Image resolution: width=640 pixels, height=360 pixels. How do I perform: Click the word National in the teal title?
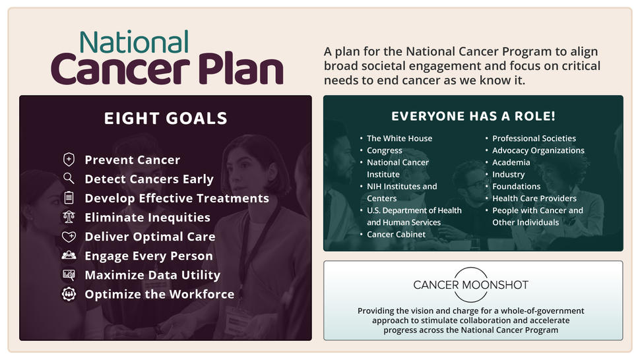[x=135, y=42]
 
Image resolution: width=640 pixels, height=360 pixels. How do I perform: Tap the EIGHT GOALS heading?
[x=166, y=118]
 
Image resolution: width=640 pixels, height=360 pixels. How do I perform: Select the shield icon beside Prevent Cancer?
[x=69, y=160]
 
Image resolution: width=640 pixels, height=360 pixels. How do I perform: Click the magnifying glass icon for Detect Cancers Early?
[x=69, y=178]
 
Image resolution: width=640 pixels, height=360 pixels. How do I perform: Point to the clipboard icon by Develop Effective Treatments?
[x=69, y=198]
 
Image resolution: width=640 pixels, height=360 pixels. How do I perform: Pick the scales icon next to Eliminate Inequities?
[x=69, y=217]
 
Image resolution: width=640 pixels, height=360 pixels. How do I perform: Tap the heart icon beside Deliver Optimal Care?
[x=69, y=237]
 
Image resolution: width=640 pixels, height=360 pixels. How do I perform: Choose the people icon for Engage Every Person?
[x=69, y=255]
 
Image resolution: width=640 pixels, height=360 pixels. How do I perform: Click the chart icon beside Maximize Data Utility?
[x=69, y=275]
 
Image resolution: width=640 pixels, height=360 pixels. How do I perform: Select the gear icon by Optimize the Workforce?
[x=69, y=294]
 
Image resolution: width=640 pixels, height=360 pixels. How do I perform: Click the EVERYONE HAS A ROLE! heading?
[x=474, y=116]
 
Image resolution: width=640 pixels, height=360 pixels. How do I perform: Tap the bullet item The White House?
[x=399, y=138]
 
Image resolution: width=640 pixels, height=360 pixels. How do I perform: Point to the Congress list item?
[x=384, y=150]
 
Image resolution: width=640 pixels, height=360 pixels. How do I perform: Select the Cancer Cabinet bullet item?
[x=396, y=235]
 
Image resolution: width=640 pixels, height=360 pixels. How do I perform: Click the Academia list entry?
[x=511, y=162]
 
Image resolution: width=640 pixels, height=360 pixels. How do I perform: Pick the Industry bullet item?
[x=508, y=175]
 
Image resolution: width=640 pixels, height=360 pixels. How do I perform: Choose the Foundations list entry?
[x=517, y=187]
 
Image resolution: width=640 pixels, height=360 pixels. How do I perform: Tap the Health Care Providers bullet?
[x=534, y=198]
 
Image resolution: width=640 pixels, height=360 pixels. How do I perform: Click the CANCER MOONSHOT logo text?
[x=470, y=285]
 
